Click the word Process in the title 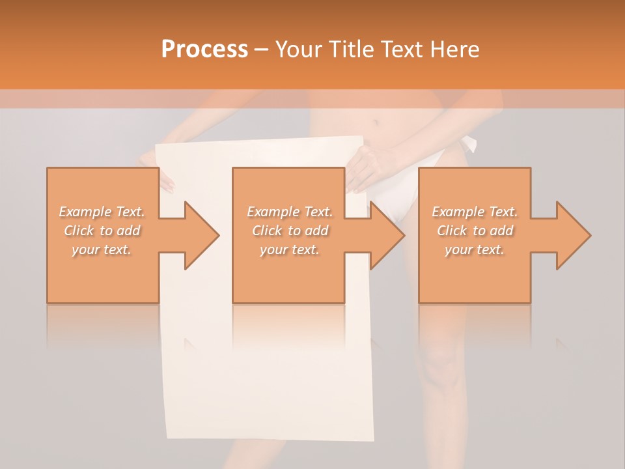tap(204, 50)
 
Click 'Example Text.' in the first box tap(102, 212)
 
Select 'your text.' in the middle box tap(289, 249)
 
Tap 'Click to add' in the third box tap(475, 231)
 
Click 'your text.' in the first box tap(102, 249)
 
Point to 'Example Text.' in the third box tap(475, 212)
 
